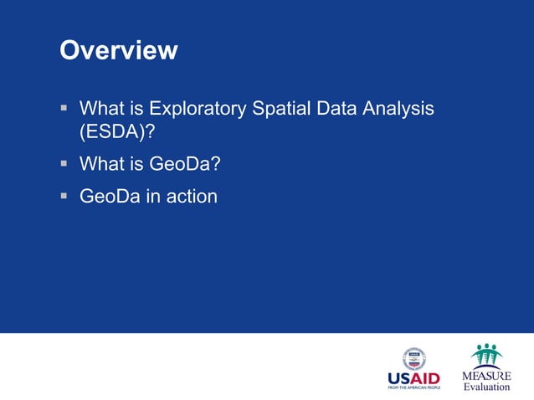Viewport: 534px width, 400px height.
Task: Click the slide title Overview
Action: pyautogui.click(x=118, y=50)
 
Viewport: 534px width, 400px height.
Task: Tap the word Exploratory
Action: pyautogui.click(x=198, y=109)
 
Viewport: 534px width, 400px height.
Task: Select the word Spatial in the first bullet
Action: pyautogui.click(x=281, y=109)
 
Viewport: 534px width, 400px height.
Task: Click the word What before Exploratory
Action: pyautogui.click(x=102, y=109)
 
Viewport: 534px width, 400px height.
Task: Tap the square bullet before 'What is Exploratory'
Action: pyautogui.click(x=64, y=108)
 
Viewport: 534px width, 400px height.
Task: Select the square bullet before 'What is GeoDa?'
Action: pyautogui.click(x=64, y=164)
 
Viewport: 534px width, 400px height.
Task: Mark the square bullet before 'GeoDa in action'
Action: pyautogui.click(x=64, y=196)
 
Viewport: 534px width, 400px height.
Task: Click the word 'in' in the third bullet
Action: pyautogui.click(x=151, y=197)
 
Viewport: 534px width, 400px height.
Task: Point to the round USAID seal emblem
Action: pyautogui.click(x=413, y=359)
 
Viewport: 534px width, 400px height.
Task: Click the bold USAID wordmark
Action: pyautogui.click(x=413, y=378)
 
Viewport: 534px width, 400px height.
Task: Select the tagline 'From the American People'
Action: pyautogui.click(x=413, y=388)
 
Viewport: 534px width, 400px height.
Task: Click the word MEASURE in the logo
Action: pyautogui.click(x=486, y=377)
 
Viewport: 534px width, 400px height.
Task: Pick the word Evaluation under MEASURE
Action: pyautogui.click(x=486, y=387)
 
